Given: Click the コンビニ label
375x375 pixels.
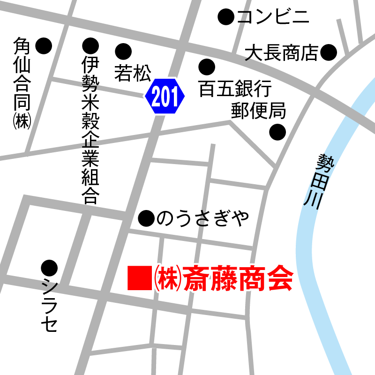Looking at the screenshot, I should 273,18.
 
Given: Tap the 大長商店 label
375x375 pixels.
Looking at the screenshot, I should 282,52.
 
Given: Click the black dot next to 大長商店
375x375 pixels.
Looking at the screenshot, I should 329,52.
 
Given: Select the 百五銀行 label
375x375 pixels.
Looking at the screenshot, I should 235,89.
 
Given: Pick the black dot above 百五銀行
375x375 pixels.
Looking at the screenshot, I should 206,67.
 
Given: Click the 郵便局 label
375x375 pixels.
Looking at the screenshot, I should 258,111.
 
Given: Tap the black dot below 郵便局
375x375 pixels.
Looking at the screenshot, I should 277,132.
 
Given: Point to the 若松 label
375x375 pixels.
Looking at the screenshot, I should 133,73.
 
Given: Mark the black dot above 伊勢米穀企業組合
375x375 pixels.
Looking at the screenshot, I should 90,45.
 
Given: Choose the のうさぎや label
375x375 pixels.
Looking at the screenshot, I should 202,218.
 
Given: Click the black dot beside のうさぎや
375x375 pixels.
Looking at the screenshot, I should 147,217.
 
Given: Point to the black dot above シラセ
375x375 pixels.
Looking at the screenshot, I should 49,268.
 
